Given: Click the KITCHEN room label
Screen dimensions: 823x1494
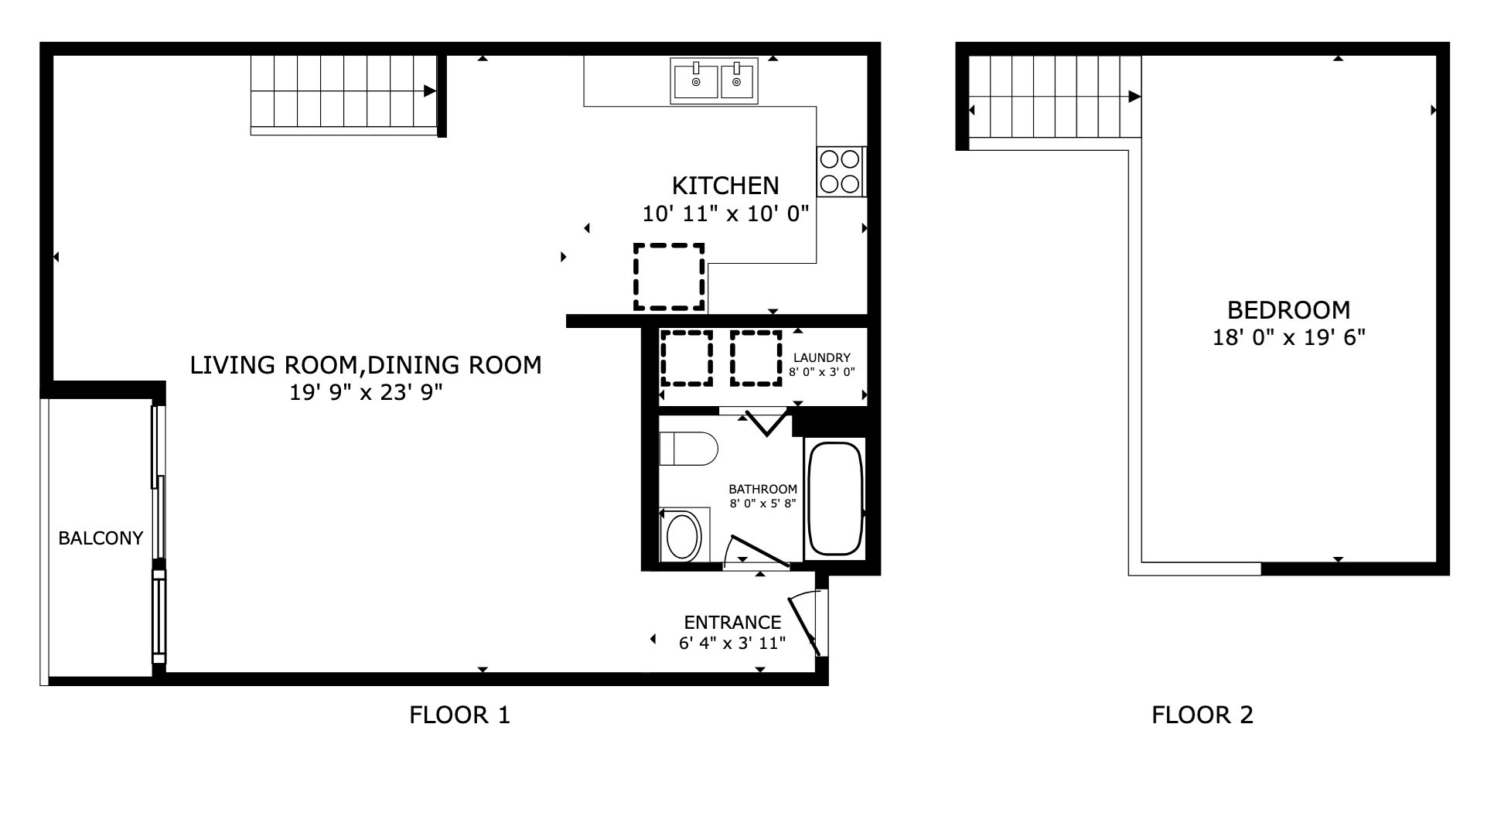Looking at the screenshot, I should tap(725, 186).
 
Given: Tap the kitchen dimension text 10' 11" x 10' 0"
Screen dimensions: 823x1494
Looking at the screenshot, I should tap(725, 213).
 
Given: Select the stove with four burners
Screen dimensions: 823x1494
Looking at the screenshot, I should tap(840, 172).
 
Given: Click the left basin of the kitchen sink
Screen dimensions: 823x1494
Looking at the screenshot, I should tap(695, 81).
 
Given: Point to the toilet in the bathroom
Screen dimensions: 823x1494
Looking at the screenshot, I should tap(688, 449).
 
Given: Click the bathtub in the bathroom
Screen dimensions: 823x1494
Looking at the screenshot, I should tap(834, 498).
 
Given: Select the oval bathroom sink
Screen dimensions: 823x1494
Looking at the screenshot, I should tap(683, 536).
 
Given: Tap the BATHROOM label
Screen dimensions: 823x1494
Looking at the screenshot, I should tap(762, 490).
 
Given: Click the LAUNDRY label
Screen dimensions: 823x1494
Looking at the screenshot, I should tap(821, 358).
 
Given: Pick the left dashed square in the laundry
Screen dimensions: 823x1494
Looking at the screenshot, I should tap(686, 358).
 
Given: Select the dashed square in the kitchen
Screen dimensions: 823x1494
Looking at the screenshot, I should tap(669, 277).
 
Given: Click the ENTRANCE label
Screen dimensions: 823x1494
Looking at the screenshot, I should tap(732, 623).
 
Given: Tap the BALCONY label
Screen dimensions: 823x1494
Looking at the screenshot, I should tap(101, 538).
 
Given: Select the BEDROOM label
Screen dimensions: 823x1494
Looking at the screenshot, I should tap(1288, 310).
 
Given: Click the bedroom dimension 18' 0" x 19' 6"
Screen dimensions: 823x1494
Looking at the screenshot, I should tap(1288, 338).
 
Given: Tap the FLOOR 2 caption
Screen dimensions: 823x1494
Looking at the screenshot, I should tap(1202, 715).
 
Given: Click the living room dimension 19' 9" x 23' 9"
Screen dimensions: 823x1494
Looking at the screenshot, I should tap(366, 393).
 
